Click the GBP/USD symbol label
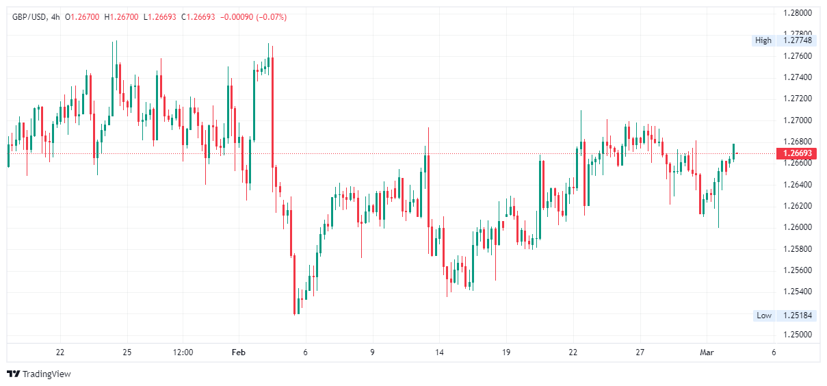tap(29, 16)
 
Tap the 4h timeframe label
tap(55, 16)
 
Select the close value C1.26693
tap(198, 16)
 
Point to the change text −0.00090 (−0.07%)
tap(253, 16)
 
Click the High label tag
tap(763, 40)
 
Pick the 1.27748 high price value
tap(797, 40)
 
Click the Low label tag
tap(763, 316)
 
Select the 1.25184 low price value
tap(797, 316)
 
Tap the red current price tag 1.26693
tap(796, 153)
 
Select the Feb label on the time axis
tap(238, 352)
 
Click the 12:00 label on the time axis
tap(183, 352)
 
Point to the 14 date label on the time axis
tap(439, 352)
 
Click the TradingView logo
tap(39, 374)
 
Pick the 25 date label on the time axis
tap(127, 352)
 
